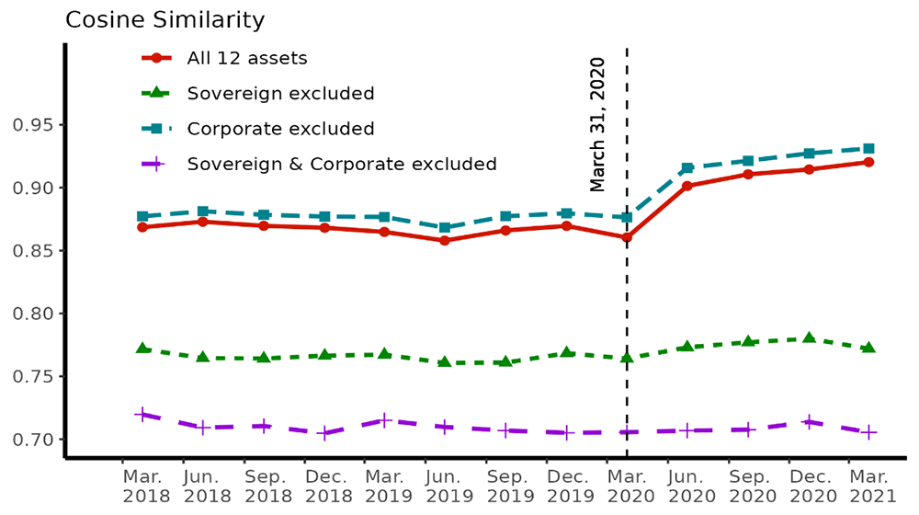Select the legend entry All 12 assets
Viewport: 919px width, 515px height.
pyautogui.click(x=246, y=58)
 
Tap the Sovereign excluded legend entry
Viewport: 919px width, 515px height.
pyautogui.click(x=279, y=93)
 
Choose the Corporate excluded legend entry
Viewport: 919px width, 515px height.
pyautogui.click(x=279, y=129)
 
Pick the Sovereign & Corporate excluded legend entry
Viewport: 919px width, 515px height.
pyautogui.click(x=341, y=164)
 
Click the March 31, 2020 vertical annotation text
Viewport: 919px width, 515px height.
pyautogui.click(x=597, y=124)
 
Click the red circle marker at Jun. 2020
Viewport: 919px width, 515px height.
pyautogui.click(x=687, y=186)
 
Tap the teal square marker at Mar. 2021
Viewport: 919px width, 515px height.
pyautogui.click(x=868, y=148)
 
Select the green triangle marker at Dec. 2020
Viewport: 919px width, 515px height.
pyautogui.click(x=809, y=338)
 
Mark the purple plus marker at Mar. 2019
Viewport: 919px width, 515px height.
pyautogui.click(x=385, y=420)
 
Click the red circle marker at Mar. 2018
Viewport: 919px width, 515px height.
pyautogui.click(x=142, y=226)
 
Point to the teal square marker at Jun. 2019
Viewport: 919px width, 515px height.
pyautogui.click(x=445, y=227)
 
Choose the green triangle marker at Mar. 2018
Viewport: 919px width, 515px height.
pyautogui.click(x=142, y=349)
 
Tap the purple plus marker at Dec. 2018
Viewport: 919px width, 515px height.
pyautogui.click(x=324, y=433)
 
